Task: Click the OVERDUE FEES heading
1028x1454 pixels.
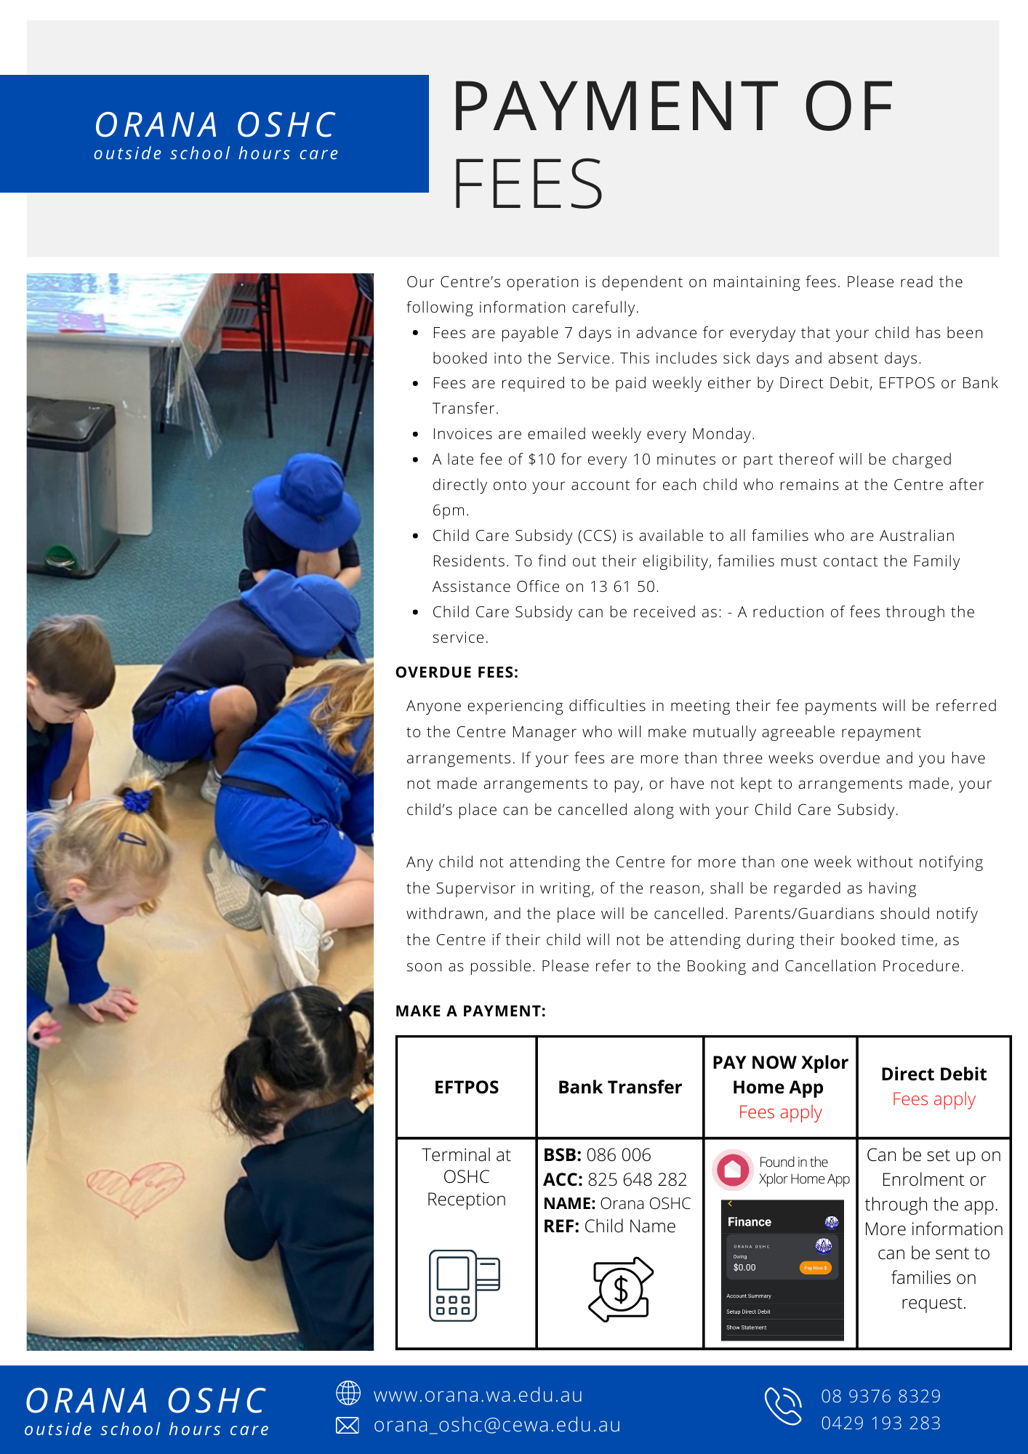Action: tap(457, 672)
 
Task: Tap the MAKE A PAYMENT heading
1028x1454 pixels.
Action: tap(470, 1011)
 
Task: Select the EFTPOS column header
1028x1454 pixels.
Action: tap(466, 1087)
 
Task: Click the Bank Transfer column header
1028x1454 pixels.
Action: tap(619, 1087)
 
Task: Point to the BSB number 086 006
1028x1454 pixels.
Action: tap(619, 1154)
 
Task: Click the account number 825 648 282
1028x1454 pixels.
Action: tap(637, 1179)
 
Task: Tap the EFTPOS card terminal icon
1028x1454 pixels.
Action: tap(464, 1285)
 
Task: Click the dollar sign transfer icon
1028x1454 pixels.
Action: tap(620, 1289)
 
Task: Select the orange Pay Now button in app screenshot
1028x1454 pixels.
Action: tap(815, 1268)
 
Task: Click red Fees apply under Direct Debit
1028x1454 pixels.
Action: tap(933, 1099)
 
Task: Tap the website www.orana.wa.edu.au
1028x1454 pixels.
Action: tap(478, 1395)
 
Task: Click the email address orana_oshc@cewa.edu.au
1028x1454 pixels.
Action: tap(497, 1425)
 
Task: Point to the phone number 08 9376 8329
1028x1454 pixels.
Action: tap(880, 1396)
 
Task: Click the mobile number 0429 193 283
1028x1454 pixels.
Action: tap(880, 1423)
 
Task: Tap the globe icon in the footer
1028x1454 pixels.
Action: tap(348, 1393)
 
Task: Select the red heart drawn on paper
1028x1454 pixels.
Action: tap(136, 1187)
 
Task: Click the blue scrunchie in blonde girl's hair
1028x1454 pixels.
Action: tap(136, 800)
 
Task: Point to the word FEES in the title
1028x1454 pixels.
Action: tap(528, 184)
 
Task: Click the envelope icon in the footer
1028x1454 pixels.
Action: tap(348, 1426)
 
